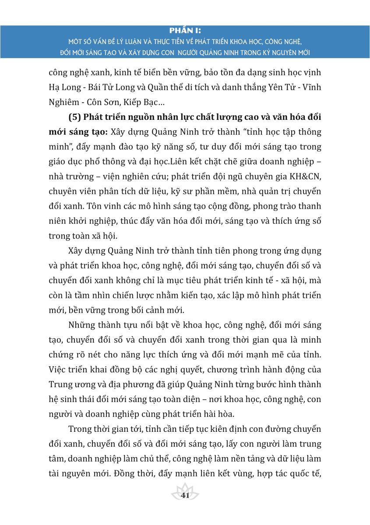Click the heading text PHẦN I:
185,31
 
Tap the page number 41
185,496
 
